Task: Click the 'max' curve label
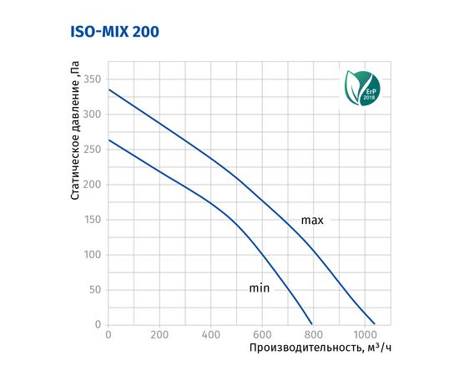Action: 312,221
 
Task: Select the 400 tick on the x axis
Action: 211,336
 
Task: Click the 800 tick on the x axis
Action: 314,336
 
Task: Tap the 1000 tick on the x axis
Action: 364,336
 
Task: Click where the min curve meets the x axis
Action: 312,324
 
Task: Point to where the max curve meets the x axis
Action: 375,324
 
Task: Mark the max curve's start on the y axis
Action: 108,89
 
